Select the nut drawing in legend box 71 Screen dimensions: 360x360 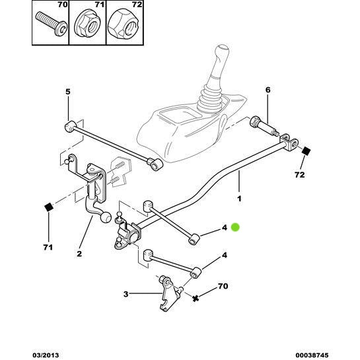(x=85, y=27)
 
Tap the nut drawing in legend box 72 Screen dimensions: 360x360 (x=120, y=27)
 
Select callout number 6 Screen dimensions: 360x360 (x=268, y=90)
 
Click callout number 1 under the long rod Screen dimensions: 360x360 (x=239, y=198)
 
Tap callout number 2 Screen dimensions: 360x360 (x=79, y=253)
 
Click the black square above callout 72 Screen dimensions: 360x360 (x=306, y=152)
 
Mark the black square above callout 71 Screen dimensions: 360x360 (x=48, y=209)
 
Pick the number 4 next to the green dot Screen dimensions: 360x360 (x=224, y=228)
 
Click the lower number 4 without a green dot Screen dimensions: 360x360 (x=224, y=255)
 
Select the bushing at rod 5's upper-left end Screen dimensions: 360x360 (x=70, y=126)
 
